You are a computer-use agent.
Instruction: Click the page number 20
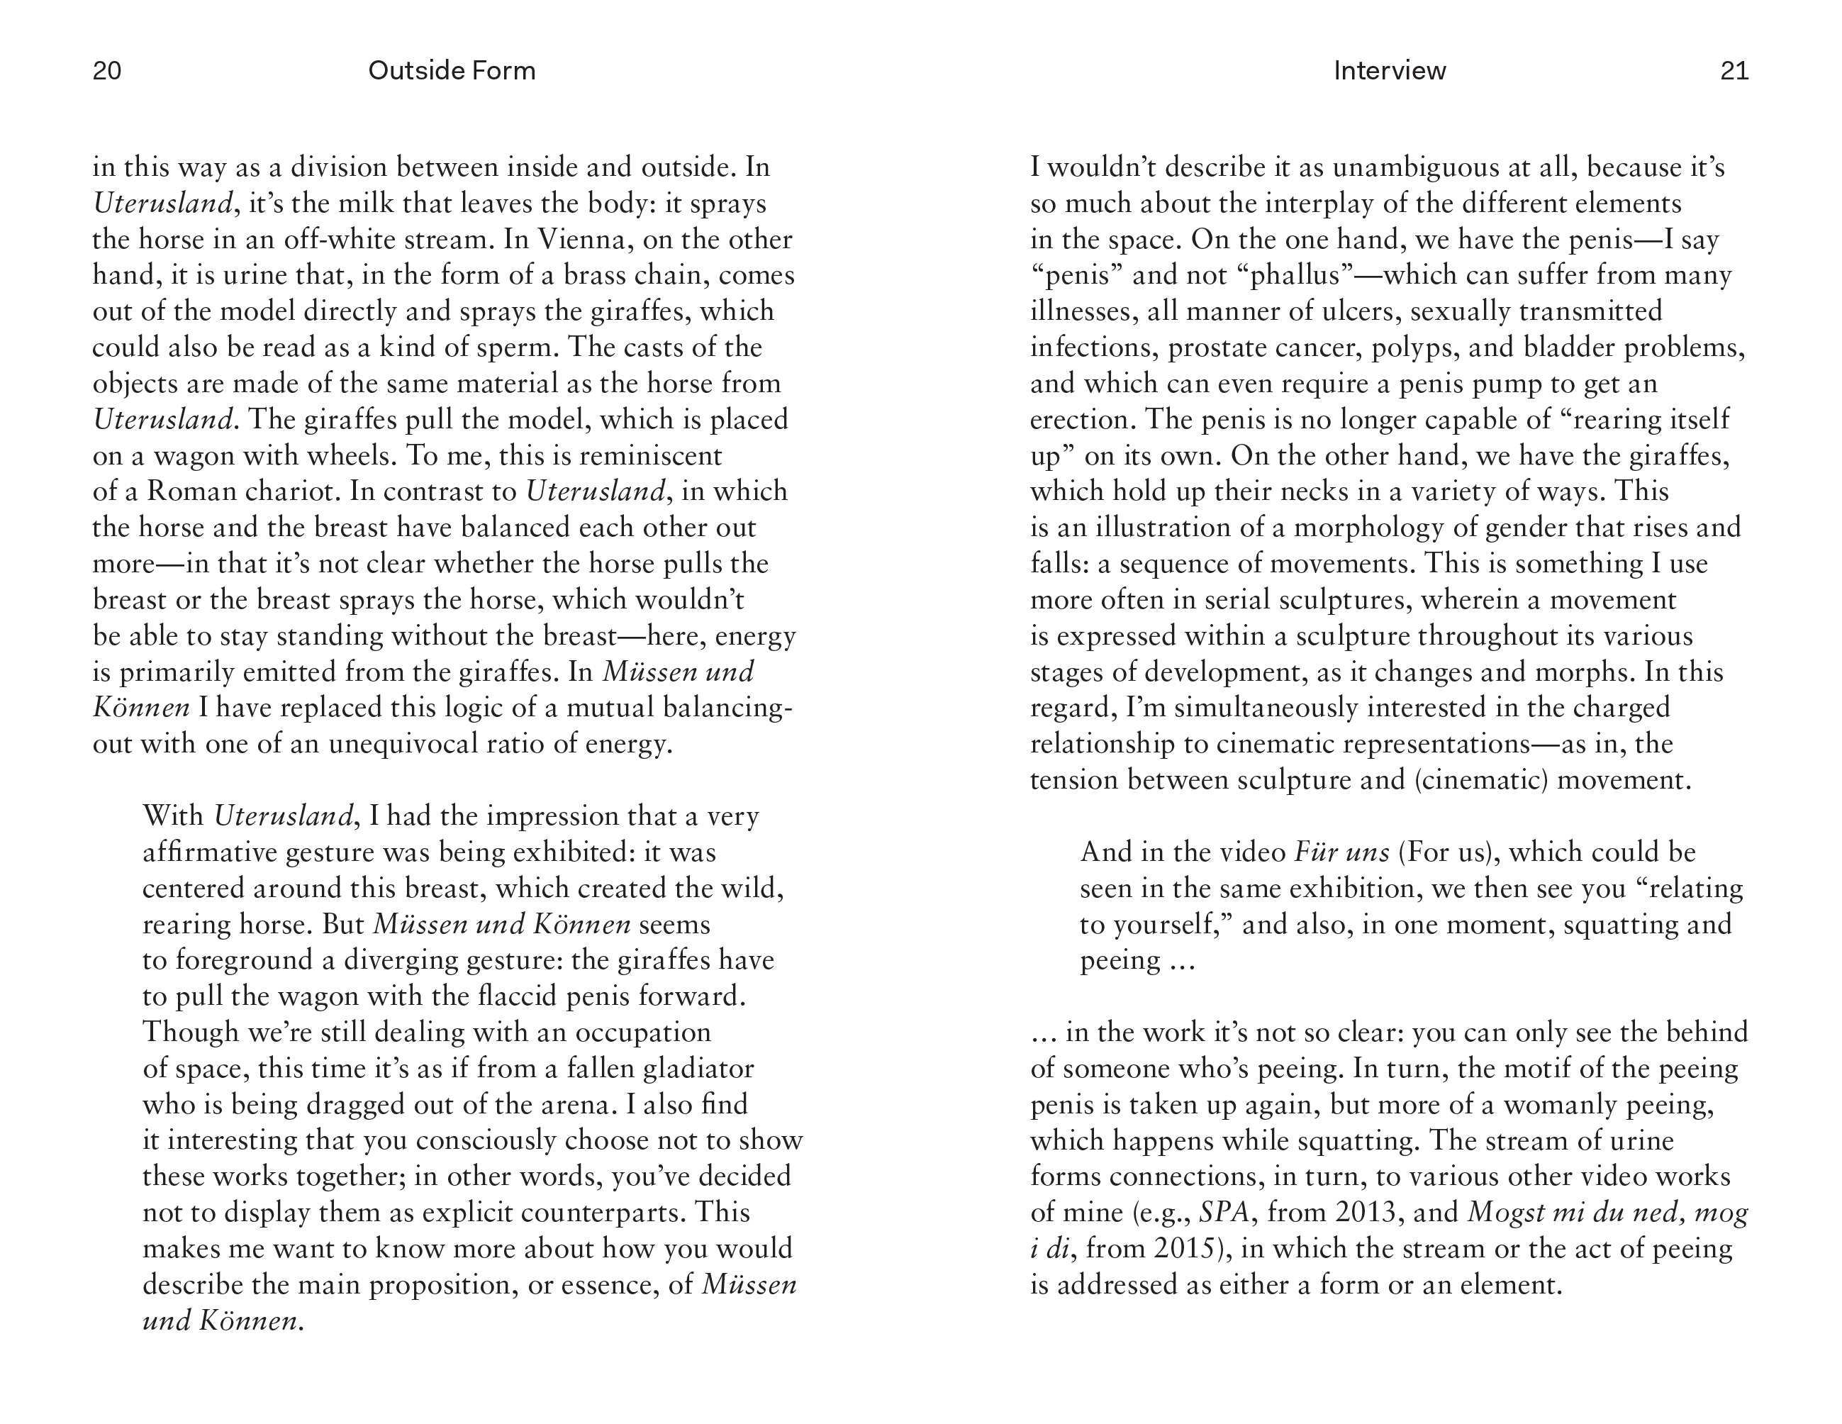(107, 71)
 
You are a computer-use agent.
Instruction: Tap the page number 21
(1734, 71)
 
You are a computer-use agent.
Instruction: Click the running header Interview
(1389, 71)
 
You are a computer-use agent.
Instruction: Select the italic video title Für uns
(1341, 853)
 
